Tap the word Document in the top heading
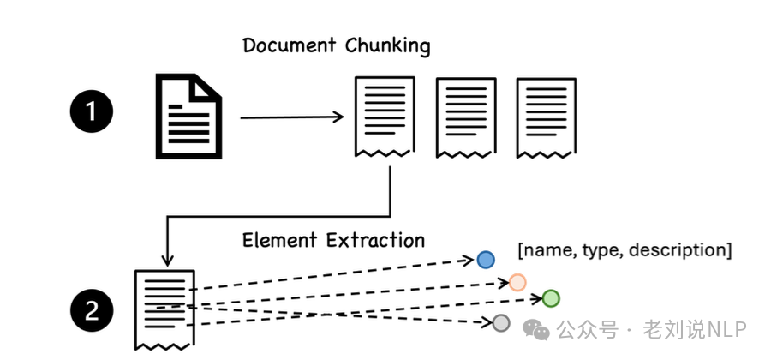click(x=290, y=45)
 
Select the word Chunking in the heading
click(x=387, y=45)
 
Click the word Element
click(x=281, y=240)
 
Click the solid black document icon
click(x=187, y=116)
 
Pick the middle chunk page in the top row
click(x=466, y=117)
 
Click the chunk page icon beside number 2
click(x=164, y=309)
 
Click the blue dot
click(x=486, y=259)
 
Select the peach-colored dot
click(x=517, y=281)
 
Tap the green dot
click(x=550, y=298)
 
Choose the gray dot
click(x=501, y=322)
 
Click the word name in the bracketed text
click(x=548, y=250)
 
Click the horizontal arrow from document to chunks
click(x=291, y=117)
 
